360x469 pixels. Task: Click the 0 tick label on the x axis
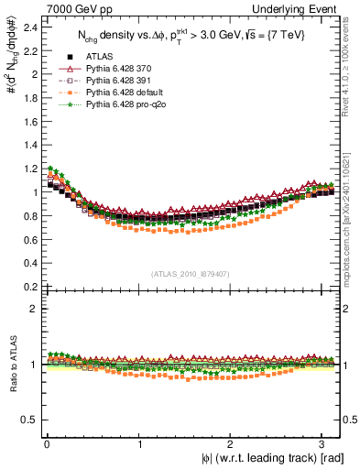click(x=45, y=446)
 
